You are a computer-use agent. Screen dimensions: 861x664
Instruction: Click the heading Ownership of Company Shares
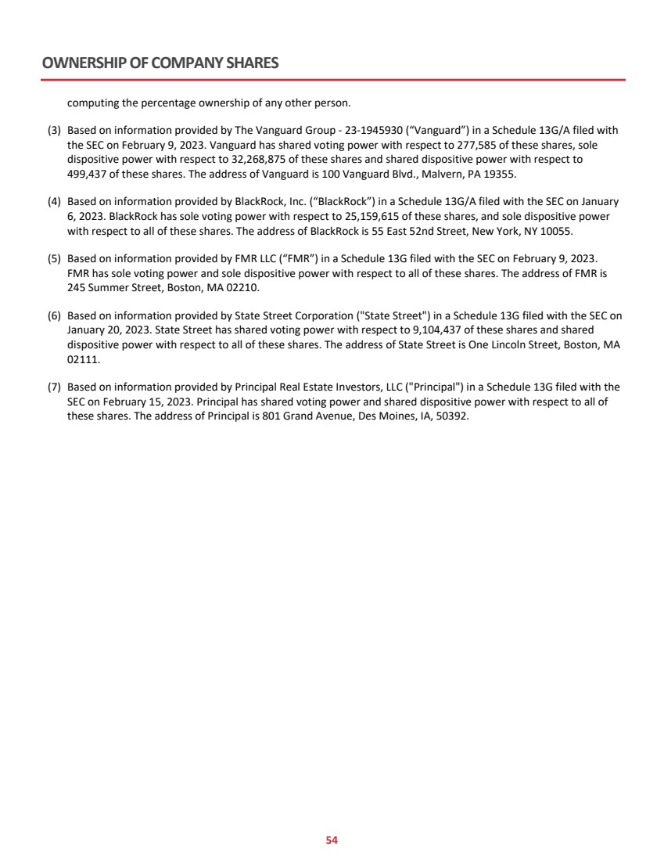pos(160,63)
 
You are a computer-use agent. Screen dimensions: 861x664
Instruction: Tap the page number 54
pos(332,840)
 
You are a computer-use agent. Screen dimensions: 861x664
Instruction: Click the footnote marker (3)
pos(55,130)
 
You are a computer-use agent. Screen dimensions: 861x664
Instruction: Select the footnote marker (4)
pos(55,201)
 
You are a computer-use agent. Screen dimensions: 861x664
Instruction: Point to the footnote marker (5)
pos(55,258)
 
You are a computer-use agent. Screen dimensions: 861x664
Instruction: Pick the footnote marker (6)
pos(55,316)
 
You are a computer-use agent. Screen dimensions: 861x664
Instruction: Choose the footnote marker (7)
pos(55,387)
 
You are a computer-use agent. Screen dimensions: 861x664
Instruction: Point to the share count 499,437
pos(89,172)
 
